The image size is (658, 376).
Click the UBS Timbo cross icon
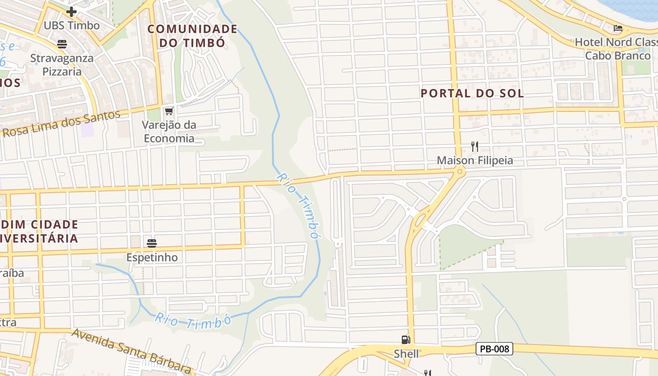(71, 12)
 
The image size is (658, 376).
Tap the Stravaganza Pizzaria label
(62, 65)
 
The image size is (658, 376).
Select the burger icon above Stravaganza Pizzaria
(62, 44)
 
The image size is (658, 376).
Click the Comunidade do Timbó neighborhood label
(192, 36)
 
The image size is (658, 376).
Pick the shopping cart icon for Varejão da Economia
(169, 111)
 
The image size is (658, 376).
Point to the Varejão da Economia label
(169, 132)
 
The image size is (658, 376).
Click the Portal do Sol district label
(472, 93)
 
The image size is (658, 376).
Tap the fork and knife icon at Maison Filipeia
(474, 147)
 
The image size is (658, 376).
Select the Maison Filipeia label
(475, 161)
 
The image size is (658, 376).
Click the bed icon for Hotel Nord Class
(619, 28)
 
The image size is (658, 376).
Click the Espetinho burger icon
(151, 243)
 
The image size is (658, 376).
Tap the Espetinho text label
(152, 258)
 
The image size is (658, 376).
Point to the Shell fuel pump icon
(406, 339)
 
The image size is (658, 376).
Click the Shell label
(406, 354)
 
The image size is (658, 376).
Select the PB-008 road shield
(494, 349)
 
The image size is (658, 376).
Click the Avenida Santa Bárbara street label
(132, 351)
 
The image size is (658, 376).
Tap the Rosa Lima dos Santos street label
(61, 123)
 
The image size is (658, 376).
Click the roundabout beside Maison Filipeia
(459, 172)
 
